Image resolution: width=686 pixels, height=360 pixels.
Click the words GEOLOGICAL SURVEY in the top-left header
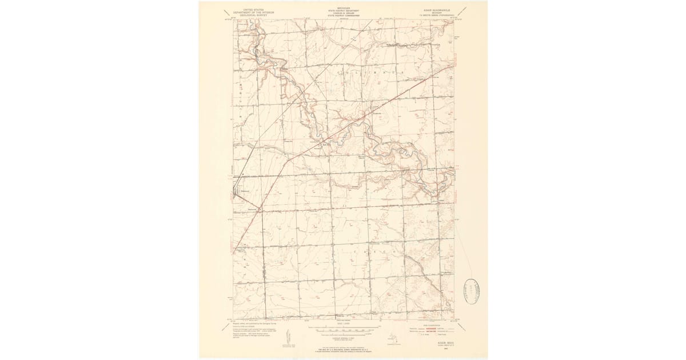pos(246,17)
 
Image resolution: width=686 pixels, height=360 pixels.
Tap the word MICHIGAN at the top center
pos(344,9)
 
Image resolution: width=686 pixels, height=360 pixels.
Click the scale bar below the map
pos(344,329)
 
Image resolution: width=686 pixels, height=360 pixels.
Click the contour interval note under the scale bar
pos(344,334)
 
